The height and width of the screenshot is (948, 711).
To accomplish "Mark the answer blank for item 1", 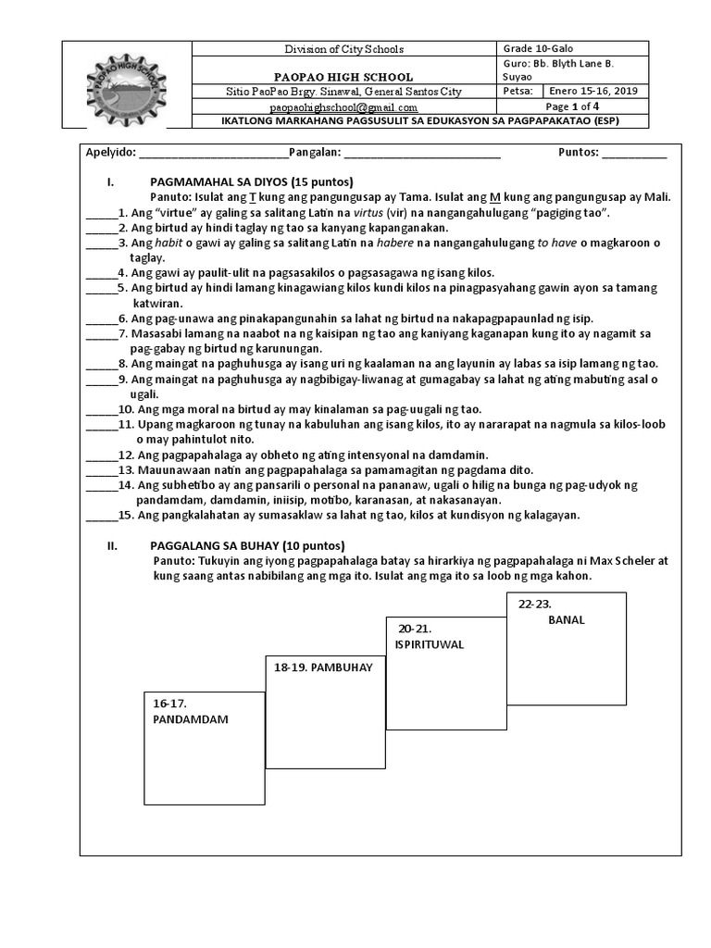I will tap(101, 213).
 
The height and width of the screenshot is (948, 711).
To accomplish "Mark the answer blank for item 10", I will tap(101, 409).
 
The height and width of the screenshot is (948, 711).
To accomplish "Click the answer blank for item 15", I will tap(101, 515).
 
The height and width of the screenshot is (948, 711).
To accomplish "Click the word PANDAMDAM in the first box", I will tap(191, 718).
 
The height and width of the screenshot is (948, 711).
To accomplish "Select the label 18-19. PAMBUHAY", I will tap(317, 667).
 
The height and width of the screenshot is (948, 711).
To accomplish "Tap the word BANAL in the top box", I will tap(566, 619).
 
